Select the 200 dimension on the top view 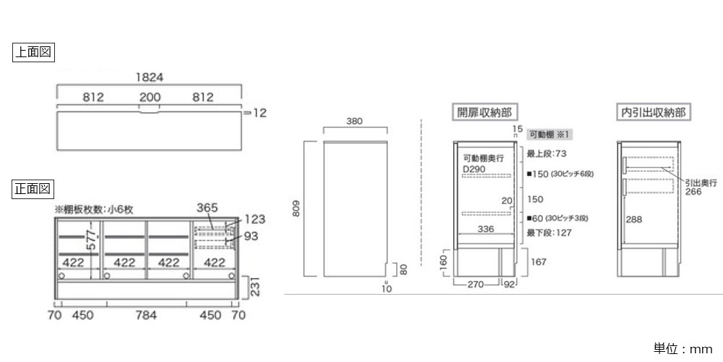150,97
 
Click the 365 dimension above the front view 207,208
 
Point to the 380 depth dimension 354,122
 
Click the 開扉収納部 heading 483,113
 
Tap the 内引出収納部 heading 654,113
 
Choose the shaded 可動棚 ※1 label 549,135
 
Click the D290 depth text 474,169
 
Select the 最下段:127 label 549,233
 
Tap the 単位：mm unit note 683,349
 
